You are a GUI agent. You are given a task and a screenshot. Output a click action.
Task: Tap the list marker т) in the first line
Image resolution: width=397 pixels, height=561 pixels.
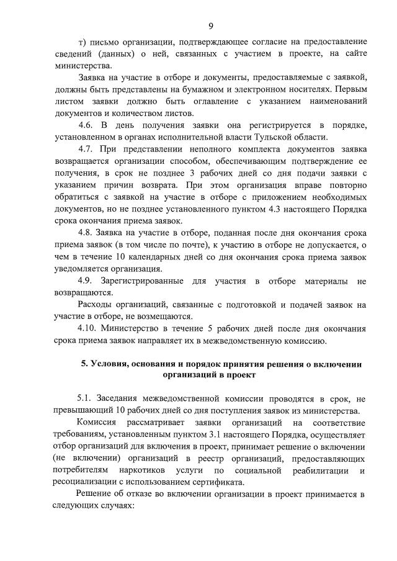click(x=81, y=42)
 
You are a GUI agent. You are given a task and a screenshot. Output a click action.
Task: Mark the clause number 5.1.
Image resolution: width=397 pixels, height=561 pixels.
click(x=86, y=398)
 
